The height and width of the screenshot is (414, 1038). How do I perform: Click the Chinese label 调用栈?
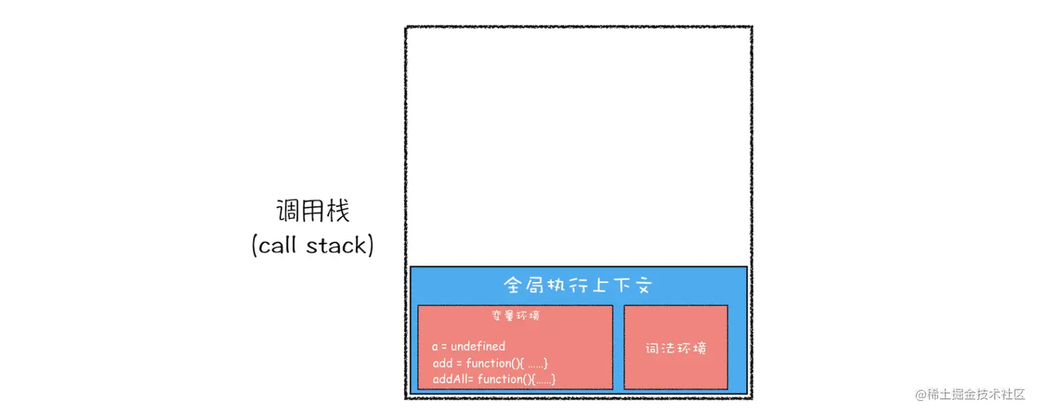pos(313,211)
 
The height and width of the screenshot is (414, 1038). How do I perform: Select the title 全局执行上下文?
pos(577,286)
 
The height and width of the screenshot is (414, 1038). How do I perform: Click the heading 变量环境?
pos(516,316)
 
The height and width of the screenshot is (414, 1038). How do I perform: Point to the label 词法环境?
pos(676,348)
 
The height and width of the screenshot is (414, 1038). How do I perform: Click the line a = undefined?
pos(468,347)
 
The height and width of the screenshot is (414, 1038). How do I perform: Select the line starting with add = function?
pos(490,363)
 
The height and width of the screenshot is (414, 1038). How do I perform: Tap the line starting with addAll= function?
pos(494,379)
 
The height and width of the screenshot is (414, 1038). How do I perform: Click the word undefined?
pos(478,347)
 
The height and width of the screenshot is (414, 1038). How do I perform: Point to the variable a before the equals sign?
pos(435,347)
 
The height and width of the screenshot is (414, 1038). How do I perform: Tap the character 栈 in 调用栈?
pos(338,211)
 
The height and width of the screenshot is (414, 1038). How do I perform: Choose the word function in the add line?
pos(487,363)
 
